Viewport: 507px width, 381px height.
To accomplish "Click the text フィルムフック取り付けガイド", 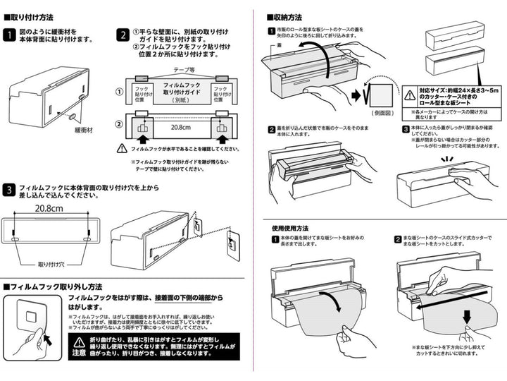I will [181, 87].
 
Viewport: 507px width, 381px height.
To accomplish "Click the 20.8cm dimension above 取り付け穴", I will [50, 210].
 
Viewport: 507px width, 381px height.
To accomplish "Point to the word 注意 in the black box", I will [79, 353].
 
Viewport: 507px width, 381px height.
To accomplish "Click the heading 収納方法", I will [288, 17].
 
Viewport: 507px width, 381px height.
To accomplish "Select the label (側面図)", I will [382, 113].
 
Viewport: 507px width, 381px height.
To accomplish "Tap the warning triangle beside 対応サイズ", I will [411, 93].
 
